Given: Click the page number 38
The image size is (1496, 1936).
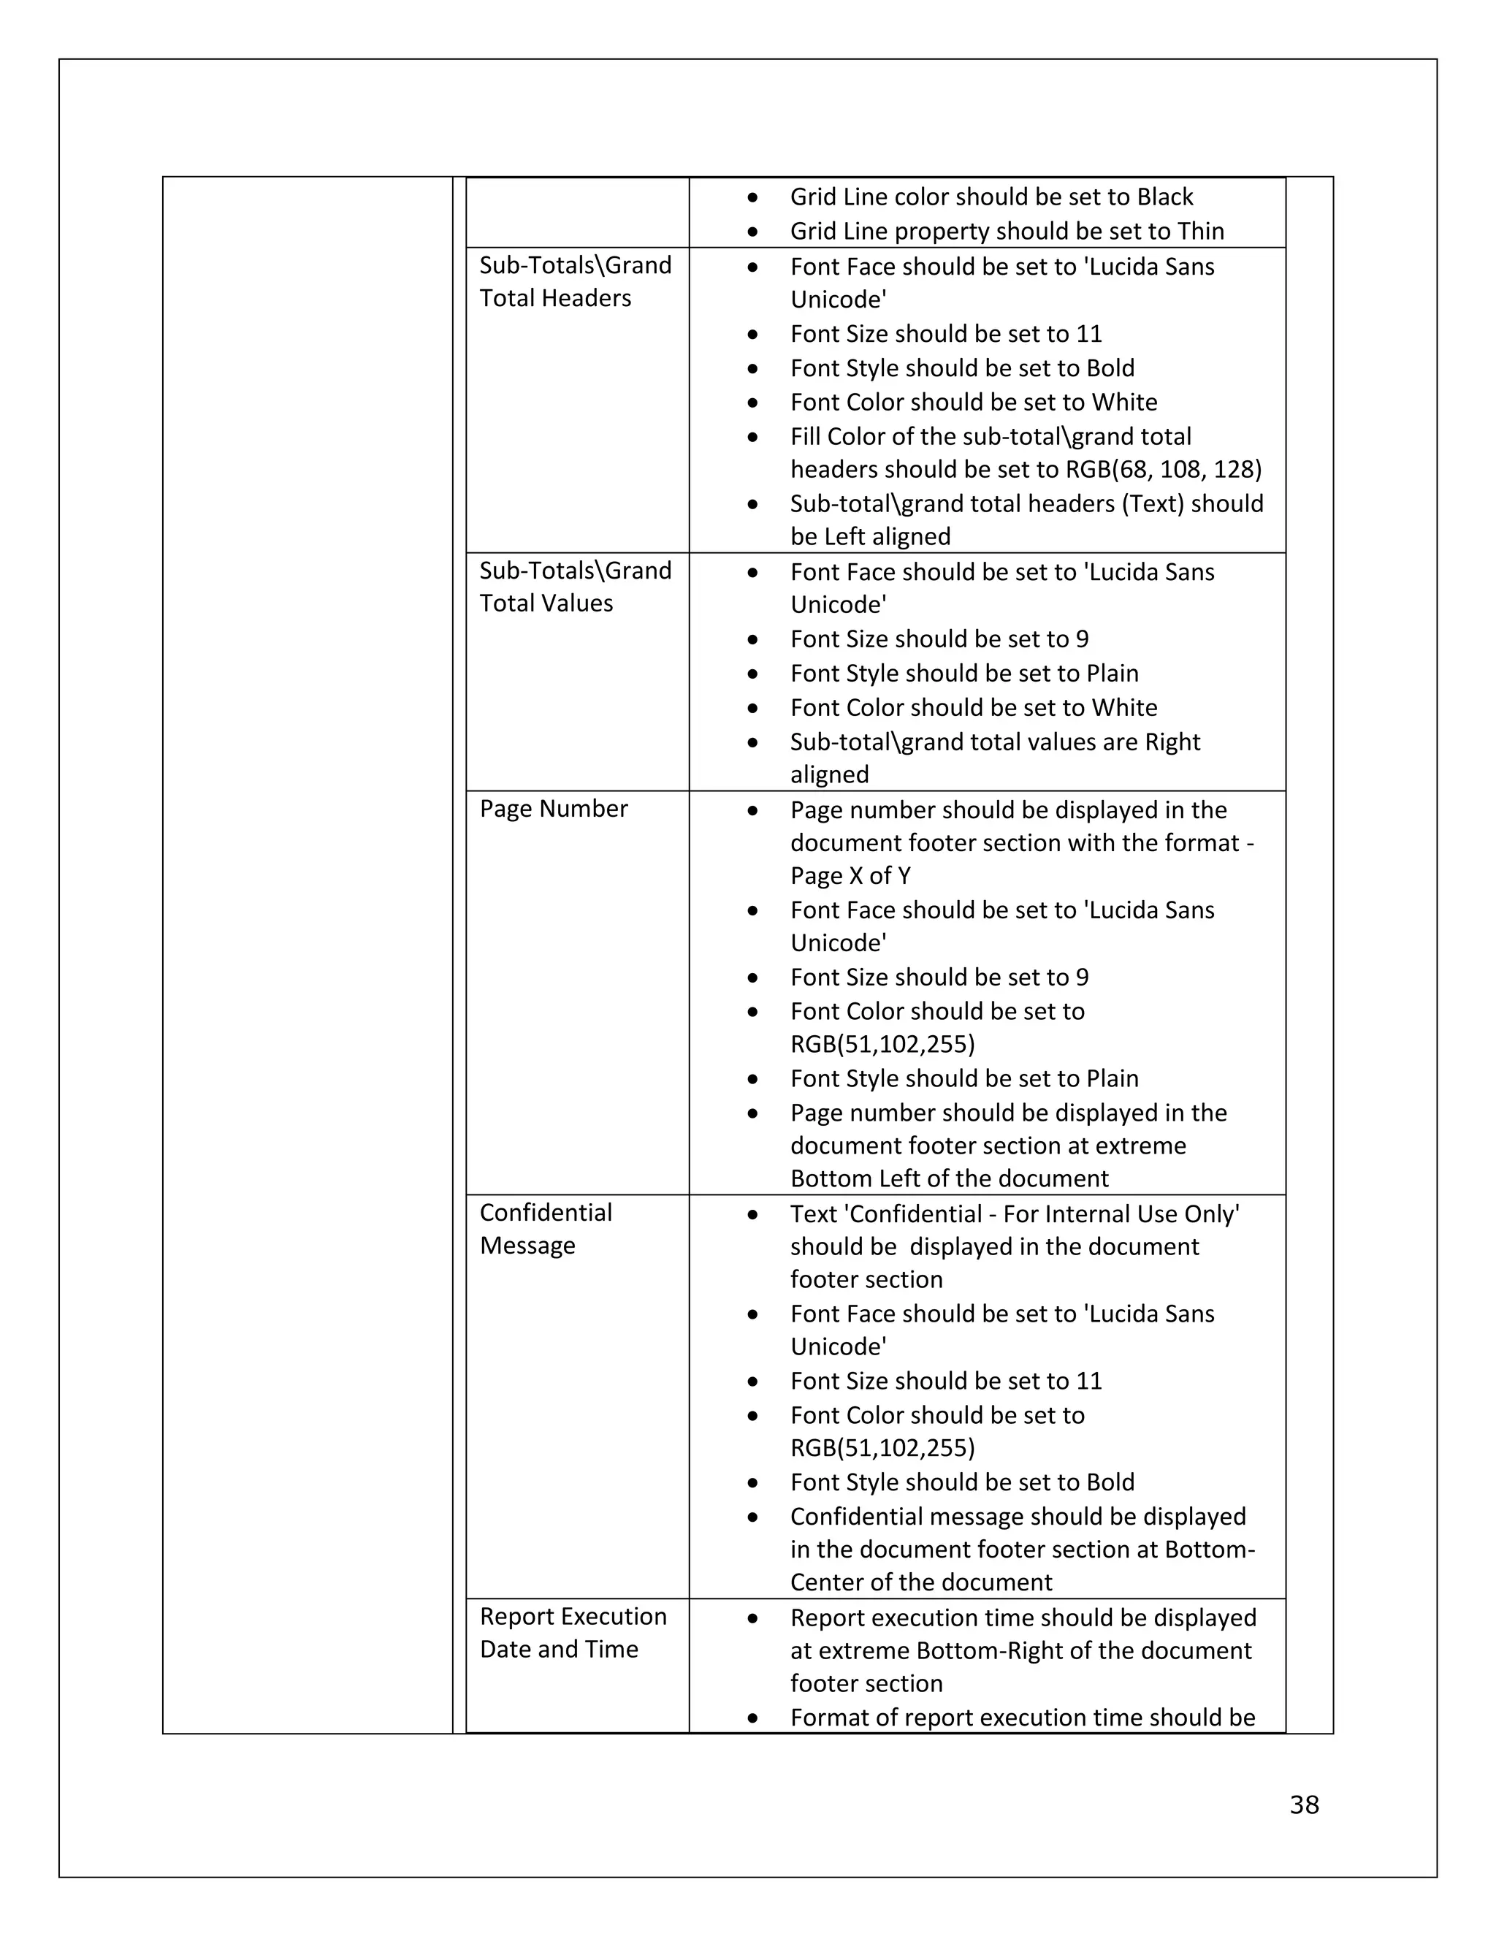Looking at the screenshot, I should (1304, 1804).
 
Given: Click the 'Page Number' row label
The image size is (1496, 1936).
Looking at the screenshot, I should (553, 809).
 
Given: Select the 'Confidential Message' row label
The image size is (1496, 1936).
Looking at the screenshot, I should (545, 1229).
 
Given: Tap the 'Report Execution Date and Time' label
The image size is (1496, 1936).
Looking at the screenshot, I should (573, 1632).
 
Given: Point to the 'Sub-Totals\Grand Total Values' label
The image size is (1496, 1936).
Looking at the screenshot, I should (575, 587).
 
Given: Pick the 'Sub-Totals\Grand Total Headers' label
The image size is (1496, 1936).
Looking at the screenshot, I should (575, 281).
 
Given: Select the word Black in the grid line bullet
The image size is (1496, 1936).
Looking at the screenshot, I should (1164, 197).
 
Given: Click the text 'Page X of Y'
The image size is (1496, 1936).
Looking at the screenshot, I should (850, 876).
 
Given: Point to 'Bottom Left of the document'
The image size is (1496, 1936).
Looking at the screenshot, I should (948, 1178).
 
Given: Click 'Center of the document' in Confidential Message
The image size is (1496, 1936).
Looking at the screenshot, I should (921, 1582).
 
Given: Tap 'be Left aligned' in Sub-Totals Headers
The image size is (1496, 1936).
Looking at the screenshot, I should (869, 536).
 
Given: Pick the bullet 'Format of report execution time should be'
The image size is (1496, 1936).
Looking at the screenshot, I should (1022, 1717).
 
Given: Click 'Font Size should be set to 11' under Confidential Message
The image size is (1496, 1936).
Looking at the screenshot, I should (946, 1380).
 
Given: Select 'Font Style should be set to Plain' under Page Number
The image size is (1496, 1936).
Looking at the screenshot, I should (964, 1078).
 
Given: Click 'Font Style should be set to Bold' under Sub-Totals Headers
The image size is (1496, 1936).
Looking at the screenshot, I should (961, 368).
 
